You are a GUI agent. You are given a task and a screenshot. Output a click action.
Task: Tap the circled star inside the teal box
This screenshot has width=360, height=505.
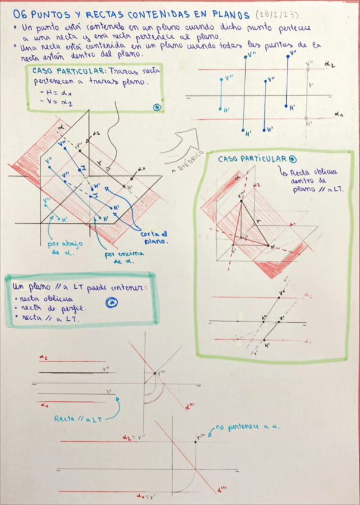111,303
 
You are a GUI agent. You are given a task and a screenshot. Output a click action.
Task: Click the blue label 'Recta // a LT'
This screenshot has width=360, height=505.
77,419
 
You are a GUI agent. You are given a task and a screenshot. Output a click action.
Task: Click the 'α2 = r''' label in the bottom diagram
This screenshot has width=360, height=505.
135,438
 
